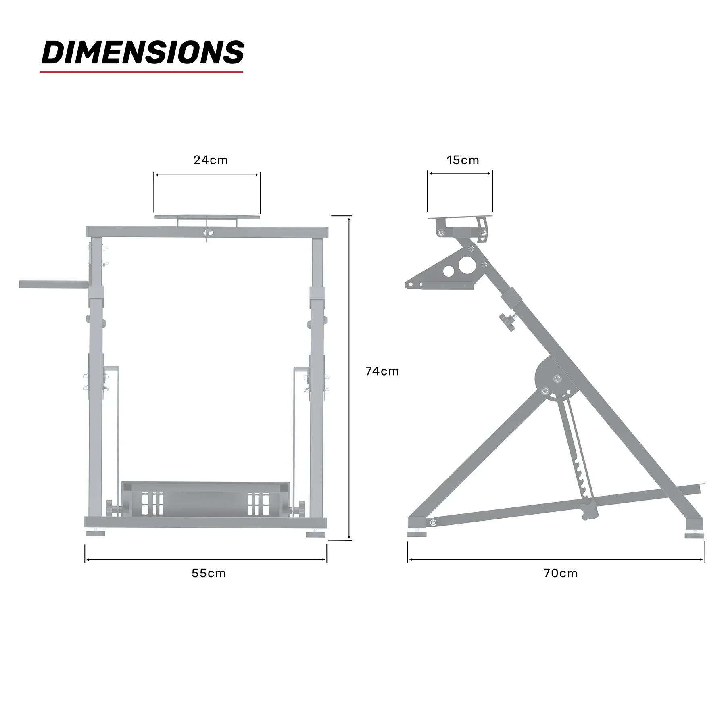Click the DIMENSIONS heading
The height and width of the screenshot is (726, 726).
click(143, 52)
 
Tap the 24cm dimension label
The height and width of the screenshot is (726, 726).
click(211, 160)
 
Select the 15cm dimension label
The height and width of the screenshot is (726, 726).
click(463, 160)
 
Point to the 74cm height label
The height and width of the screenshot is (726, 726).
click(382, 371)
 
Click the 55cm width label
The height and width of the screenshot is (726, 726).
click(209, 573)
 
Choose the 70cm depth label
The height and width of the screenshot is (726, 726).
click(560, 573)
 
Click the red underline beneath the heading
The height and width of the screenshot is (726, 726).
click(141, 72)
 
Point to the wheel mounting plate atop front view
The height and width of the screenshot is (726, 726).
click(207, 217)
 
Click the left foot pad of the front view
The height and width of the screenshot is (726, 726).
click(95, 534)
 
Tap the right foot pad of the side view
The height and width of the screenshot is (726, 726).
click(694, 536)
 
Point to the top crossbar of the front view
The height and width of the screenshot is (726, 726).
click(207, 232)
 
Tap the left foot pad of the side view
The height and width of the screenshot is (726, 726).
click(417, 534)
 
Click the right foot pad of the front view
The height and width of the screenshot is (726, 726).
click(315, 534)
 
